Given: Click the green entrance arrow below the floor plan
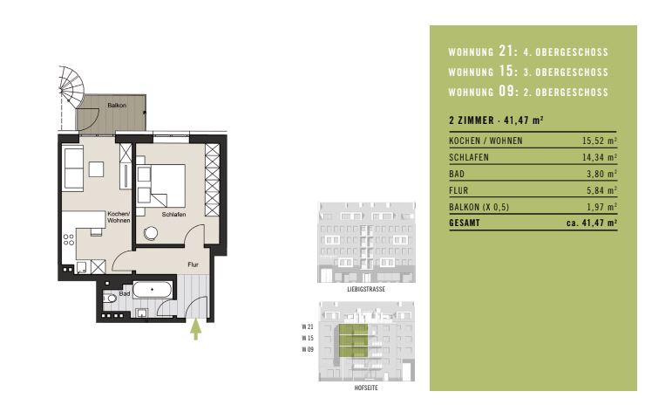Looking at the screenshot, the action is [x=196, y=329].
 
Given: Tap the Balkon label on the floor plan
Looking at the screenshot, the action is [x=117, y=105].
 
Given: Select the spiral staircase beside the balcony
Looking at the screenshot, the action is [x=71, y=87].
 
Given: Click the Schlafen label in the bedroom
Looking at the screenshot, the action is [x=173, y=214].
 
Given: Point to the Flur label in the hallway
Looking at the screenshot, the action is [x=193, y=264].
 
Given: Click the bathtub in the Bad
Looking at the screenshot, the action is [x=153, y=290].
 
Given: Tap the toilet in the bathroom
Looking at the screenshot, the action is [x=110, y=298].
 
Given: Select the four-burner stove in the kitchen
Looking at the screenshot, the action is [x=69, y=240].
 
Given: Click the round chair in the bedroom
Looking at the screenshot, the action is [x=151, y=233].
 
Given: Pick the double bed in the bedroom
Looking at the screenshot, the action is [x=161, y=185].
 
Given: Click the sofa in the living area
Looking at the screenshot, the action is [x=73, y=169].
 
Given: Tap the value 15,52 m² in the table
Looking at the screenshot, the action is [x=599, y=141].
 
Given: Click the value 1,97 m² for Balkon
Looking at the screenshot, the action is [x=601, y=206].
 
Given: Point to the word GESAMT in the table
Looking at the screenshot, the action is [x=465, y=223].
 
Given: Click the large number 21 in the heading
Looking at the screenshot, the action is [x=506, y=51].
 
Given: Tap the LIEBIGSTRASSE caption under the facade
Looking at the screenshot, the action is [x=366, y=289].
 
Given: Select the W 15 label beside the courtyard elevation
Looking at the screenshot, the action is [x=308, y=338].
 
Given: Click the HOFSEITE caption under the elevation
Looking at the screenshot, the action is [x=366, y=388].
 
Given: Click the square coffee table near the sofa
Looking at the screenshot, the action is [x=96, y=169].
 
